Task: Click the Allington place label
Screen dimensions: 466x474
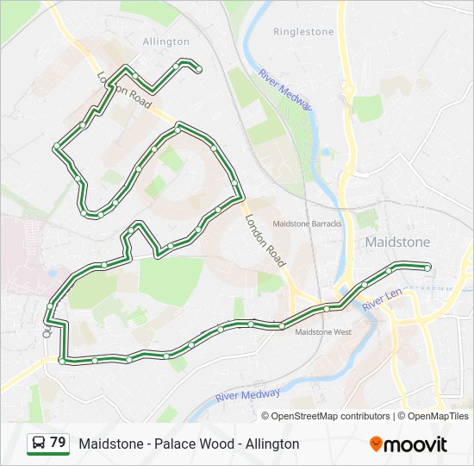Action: [165, 41]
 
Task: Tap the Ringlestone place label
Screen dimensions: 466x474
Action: [302, 32]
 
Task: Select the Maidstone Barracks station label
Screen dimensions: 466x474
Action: [307, 224]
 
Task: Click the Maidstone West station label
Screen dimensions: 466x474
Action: [323, 331]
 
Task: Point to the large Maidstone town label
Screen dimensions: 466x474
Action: [397, 242]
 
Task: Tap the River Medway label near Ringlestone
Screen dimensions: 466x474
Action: [285, 89]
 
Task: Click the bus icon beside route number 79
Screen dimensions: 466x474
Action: [39, 444]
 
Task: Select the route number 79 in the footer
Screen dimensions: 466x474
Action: [58, 443]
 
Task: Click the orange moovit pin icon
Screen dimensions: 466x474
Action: [377, 444]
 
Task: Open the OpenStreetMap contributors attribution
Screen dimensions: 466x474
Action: [331, 416]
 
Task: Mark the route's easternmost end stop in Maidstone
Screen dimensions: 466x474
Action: [427, 268]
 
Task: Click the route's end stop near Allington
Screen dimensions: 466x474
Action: [199, 69]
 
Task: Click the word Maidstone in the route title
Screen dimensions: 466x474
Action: [107, 444]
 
